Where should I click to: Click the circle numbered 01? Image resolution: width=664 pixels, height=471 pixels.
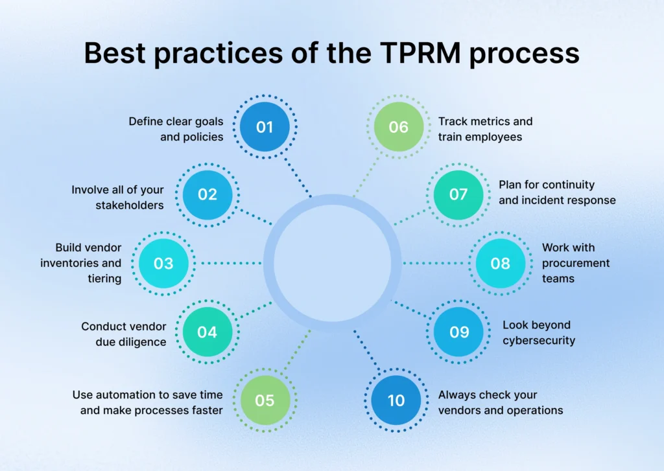265,127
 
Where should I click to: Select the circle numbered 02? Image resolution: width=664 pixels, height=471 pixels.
207,194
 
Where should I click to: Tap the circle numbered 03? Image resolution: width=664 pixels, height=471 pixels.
163,264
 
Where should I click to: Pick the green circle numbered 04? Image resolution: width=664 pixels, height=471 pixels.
207,332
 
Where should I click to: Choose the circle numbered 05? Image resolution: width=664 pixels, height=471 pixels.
265,400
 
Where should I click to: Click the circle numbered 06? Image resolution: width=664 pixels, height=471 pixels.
398,127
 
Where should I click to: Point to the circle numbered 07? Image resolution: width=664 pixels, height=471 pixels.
458,194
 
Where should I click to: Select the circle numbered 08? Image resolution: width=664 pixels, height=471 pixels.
500,264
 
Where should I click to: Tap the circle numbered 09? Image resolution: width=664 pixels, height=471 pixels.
458,332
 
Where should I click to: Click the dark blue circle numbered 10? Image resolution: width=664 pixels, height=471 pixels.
396,400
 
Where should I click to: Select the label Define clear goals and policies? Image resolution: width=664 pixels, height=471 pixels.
176,129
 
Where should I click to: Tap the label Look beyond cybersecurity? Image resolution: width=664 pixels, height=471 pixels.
539,332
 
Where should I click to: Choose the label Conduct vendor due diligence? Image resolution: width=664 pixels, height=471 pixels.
124,334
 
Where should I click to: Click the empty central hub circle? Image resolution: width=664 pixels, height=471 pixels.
332,262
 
